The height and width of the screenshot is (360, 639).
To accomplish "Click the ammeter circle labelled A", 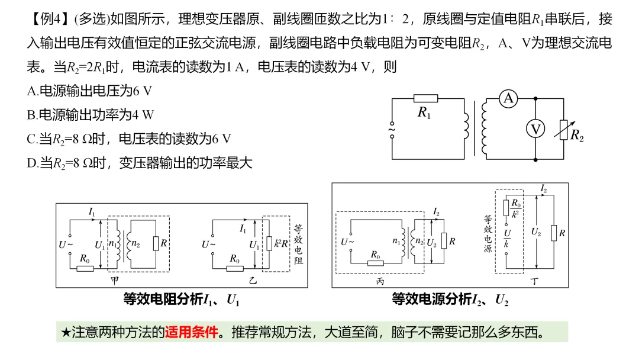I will pos(508,99).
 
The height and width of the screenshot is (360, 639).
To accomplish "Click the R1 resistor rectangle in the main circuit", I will pos(425,98).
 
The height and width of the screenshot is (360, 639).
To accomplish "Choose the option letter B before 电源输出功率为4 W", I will pos(32,115).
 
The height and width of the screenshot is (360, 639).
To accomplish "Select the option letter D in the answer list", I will pos(32,163).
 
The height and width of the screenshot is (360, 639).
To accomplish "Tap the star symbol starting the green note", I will pos(66,332).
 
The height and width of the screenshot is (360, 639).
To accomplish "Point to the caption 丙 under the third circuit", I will pos(380,281).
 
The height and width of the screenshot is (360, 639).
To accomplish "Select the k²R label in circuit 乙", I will pos(281,243).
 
